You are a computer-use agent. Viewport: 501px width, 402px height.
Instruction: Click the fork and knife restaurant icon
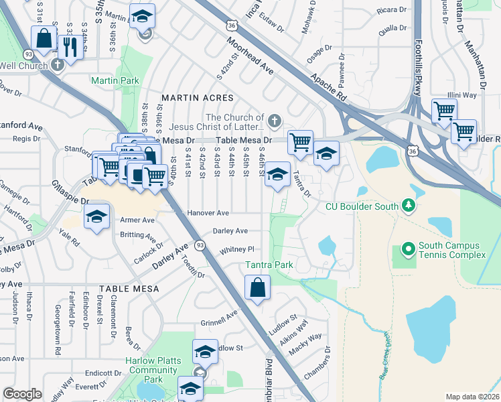pos(68,45)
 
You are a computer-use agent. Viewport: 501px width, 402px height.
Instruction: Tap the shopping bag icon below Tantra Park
pos(257,289)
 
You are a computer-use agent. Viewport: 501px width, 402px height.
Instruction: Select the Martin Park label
pos(115,80)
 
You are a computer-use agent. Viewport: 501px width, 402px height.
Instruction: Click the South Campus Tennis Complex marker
pos(407,251)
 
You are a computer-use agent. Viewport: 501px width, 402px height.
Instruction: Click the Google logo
pos(22,393)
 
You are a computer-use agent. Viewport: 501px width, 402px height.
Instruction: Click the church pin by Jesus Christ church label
pos(273,121)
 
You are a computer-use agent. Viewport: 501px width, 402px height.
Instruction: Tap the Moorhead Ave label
pos(250,56)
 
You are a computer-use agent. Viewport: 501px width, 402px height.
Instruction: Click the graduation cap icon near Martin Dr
pos(141,16)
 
